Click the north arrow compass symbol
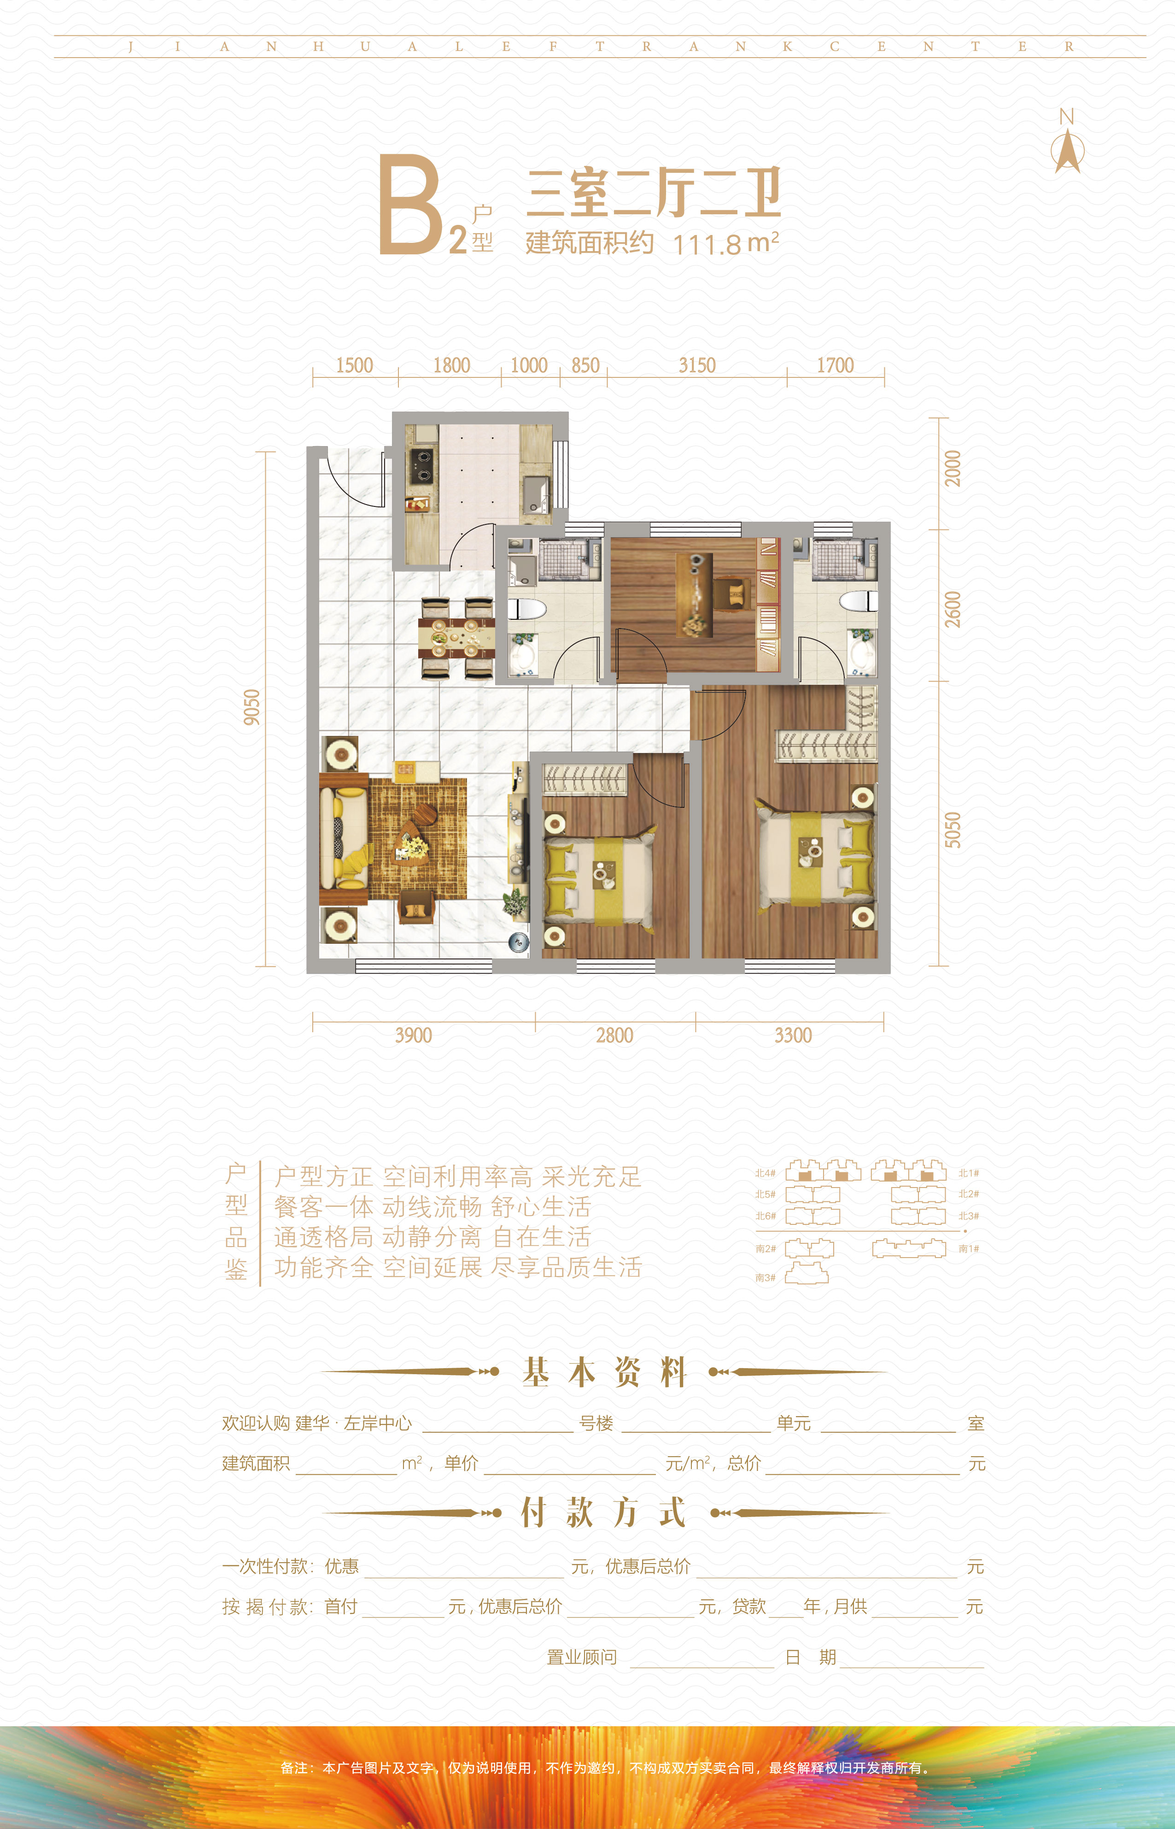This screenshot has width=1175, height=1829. [1067, 151]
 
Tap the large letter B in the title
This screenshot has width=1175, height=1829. [410, 205]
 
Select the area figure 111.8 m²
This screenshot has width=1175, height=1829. [725, 243]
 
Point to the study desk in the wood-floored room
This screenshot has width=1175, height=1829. [694, 595]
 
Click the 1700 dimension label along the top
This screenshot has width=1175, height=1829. [836, 365]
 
